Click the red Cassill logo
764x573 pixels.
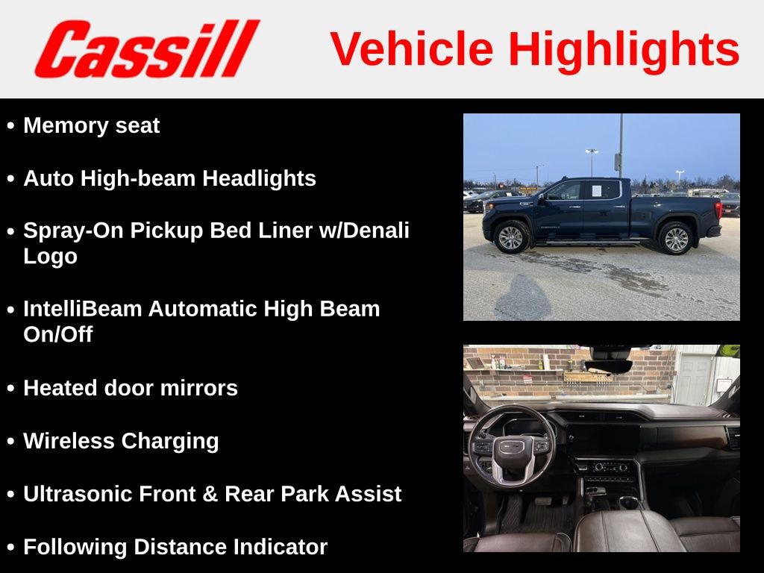click(146, 48)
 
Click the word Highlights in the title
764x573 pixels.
click(624, 49)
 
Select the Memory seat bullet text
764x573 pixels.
click(91, 125)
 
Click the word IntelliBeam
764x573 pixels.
click(83, 309)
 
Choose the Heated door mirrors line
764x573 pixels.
click(131, 388)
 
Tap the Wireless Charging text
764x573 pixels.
click(121, 441)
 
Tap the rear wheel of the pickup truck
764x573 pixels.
click(677, 239)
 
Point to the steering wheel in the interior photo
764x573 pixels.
click(511, 448)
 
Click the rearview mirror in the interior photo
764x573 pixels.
click(608, 366)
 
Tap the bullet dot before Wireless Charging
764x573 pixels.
click(10, 442)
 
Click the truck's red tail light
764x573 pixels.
click(718, 207)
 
